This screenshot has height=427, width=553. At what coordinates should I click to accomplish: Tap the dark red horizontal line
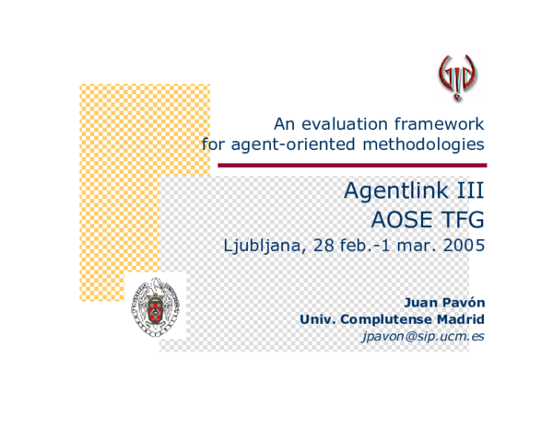tap(351, 165)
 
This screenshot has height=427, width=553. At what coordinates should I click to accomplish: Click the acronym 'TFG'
tap(462, 220)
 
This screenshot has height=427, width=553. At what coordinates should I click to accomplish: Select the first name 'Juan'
tap(422, 301)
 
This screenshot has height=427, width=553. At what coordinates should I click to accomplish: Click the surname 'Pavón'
tap(465, 301)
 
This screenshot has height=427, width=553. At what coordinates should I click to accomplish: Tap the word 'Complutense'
tap(384, 318)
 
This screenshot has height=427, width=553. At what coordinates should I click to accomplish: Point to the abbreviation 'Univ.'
tap(318, 318)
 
